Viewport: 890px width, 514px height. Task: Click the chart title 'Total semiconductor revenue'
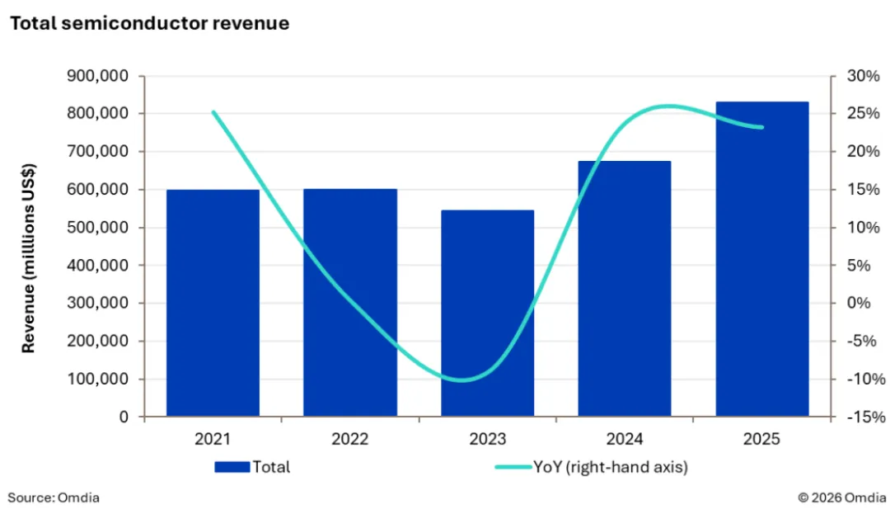point(149,24)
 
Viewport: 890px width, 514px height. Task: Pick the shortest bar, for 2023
point(487,314)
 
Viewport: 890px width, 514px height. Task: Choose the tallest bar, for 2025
point(761,259)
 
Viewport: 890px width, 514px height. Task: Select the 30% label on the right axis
point(860,76)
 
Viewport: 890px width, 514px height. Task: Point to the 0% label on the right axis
point(860,304)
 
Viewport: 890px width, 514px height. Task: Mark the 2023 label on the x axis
point(487,440)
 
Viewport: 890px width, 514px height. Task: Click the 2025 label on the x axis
point(761,440)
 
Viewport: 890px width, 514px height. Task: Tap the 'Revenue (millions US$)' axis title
point(29,247)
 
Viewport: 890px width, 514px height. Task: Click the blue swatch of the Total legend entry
point(232,467)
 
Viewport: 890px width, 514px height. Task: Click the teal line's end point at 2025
point(761,127)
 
